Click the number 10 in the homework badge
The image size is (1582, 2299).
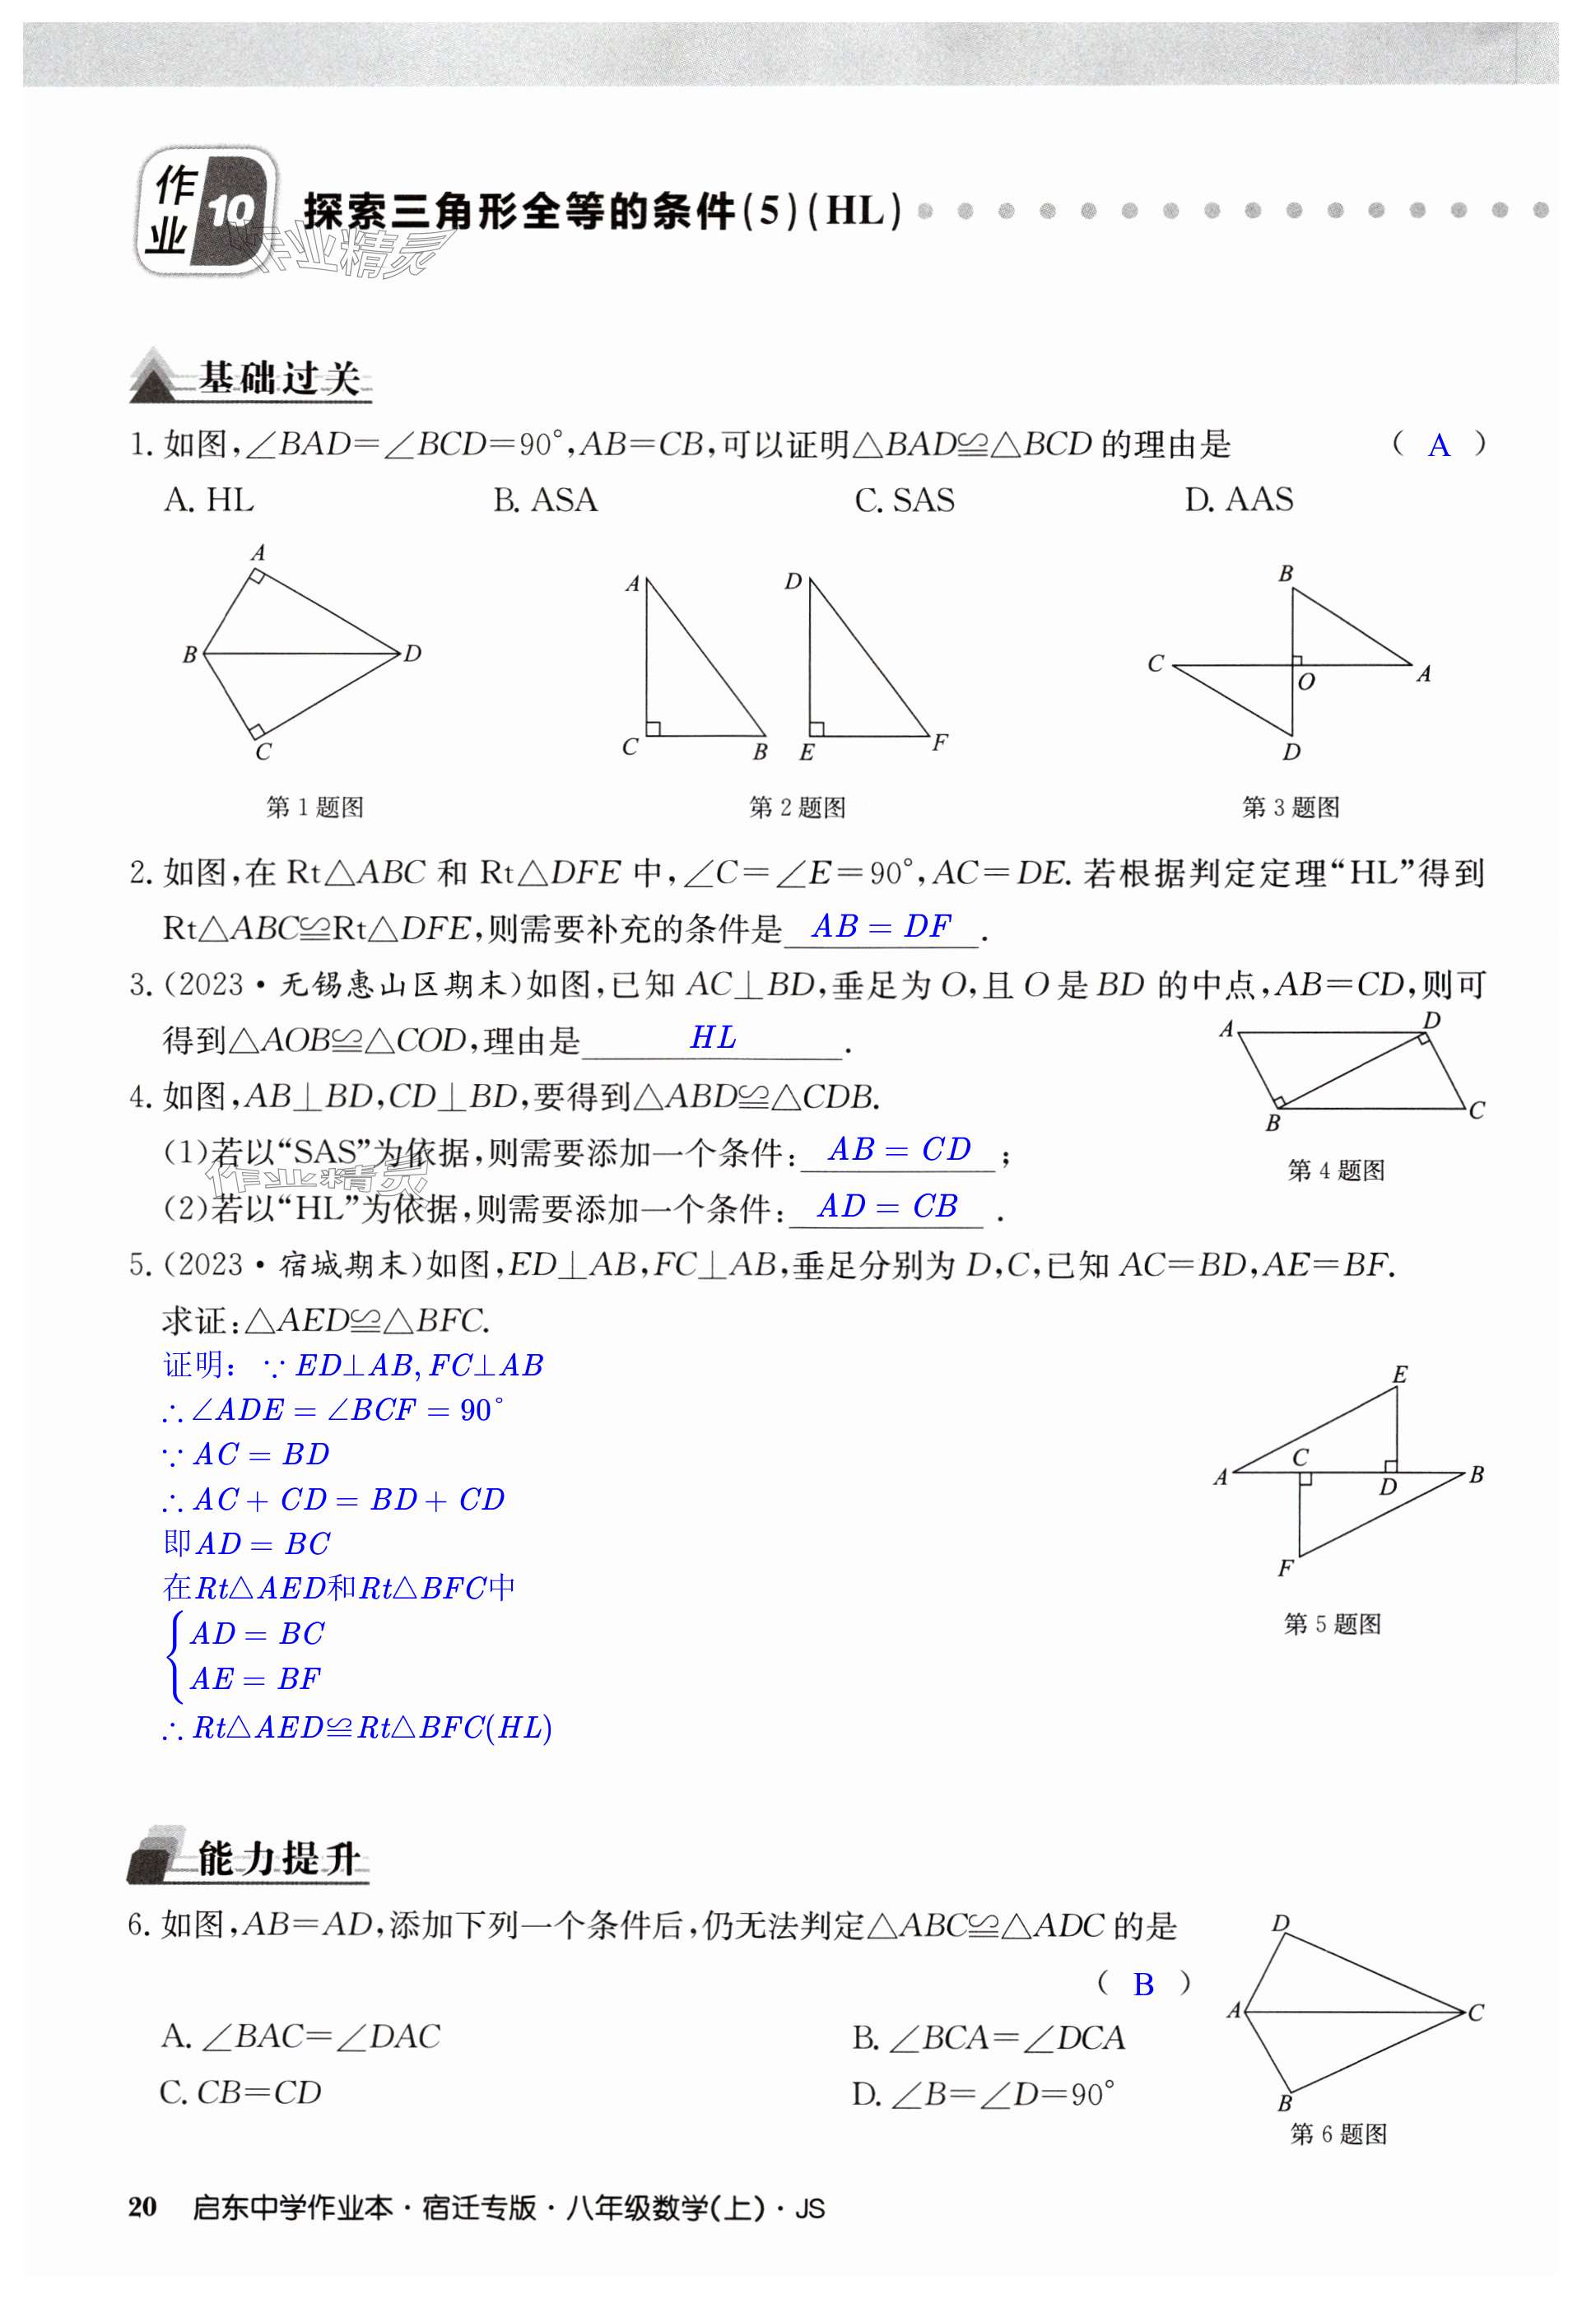click(231, 212)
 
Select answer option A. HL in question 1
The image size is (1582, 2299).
click(209, 500)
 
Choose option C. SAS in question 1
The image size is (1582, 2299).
click(904, 500)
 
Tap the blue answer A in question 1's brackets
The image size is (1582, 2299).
click(1438, 446)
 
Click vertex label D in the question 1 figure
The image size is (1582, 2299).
click(413, 654)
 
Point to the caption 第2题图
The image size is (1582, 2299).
click(797, 807)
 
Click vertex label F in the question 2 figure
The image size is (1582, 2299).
click(940, 742)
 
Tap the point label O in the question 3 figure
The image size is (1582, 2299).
click(1306, 682)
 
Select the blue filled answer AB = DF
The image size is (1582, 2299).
click(882, 927)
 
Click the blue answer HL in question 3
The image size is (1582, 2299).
click(713, 1038)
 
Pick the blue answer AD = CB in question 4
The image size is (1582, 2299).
click(887, 1207)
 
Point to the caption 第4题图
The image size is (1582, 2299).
click(1335, 1170)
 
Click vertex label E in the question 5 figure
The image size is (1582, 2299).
click(1399, 1374)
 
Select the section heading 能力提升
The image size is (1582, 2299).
click(277, 1859)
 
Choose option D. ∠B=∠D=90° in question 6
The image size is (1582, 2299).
click(984, 2094)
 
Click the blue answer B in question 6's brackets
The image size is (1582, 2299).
click(1143, 1984)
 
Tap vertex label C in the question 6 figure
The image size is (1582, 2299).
click(1476, 2013)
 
